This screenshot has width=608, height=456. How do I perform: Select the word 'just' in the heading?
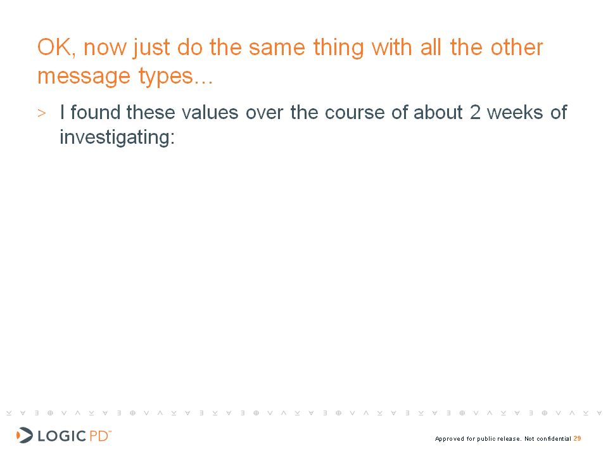point(151,49)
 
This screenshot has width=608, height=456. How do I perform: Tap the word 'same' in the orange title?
point(277,48)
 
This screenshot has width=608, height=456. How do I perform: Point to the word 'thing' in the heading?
point(338,49)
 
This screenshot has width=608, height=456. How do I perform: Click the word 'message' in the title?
point(84,77)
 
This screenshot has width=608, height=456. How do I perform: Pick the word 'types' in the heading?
point(165,77)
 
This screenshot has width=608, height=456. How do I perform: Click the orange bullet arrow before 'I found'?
point(42,113)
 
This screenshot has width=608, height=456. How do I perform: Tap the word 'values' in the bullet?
point(210,113)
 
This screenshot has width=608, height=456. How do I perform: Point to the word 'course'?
point(355,113)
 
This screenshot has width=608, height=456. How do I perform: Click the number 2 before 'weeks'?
point(476,113)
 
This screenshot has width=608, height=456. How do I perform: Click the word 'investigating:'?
point(117,137)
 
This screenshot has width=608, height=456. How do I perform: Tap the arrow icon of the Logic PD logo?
point(25,435)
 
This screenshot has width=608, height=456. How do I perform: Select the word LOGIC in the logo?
point(61,436)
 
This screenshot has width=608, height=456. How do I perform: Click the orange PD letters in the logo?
point(99,436)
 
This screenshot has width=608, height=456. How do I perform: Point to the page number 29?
point(578,438)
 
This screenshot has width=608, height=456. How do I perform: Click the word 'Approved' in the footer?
point(450,439)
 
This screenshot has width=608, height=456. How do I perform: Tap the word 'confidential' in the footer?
point(554,438)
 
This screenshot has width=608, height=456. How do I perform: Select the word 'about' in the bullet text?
point(438,113)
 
